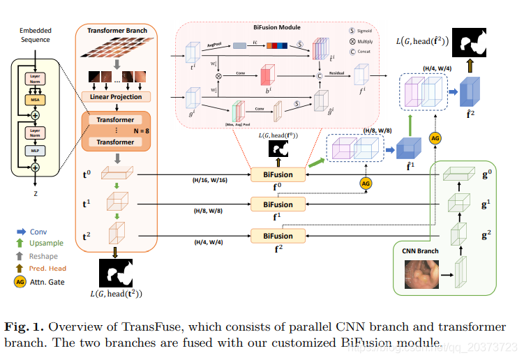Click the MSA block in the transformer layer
[34, 100]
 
